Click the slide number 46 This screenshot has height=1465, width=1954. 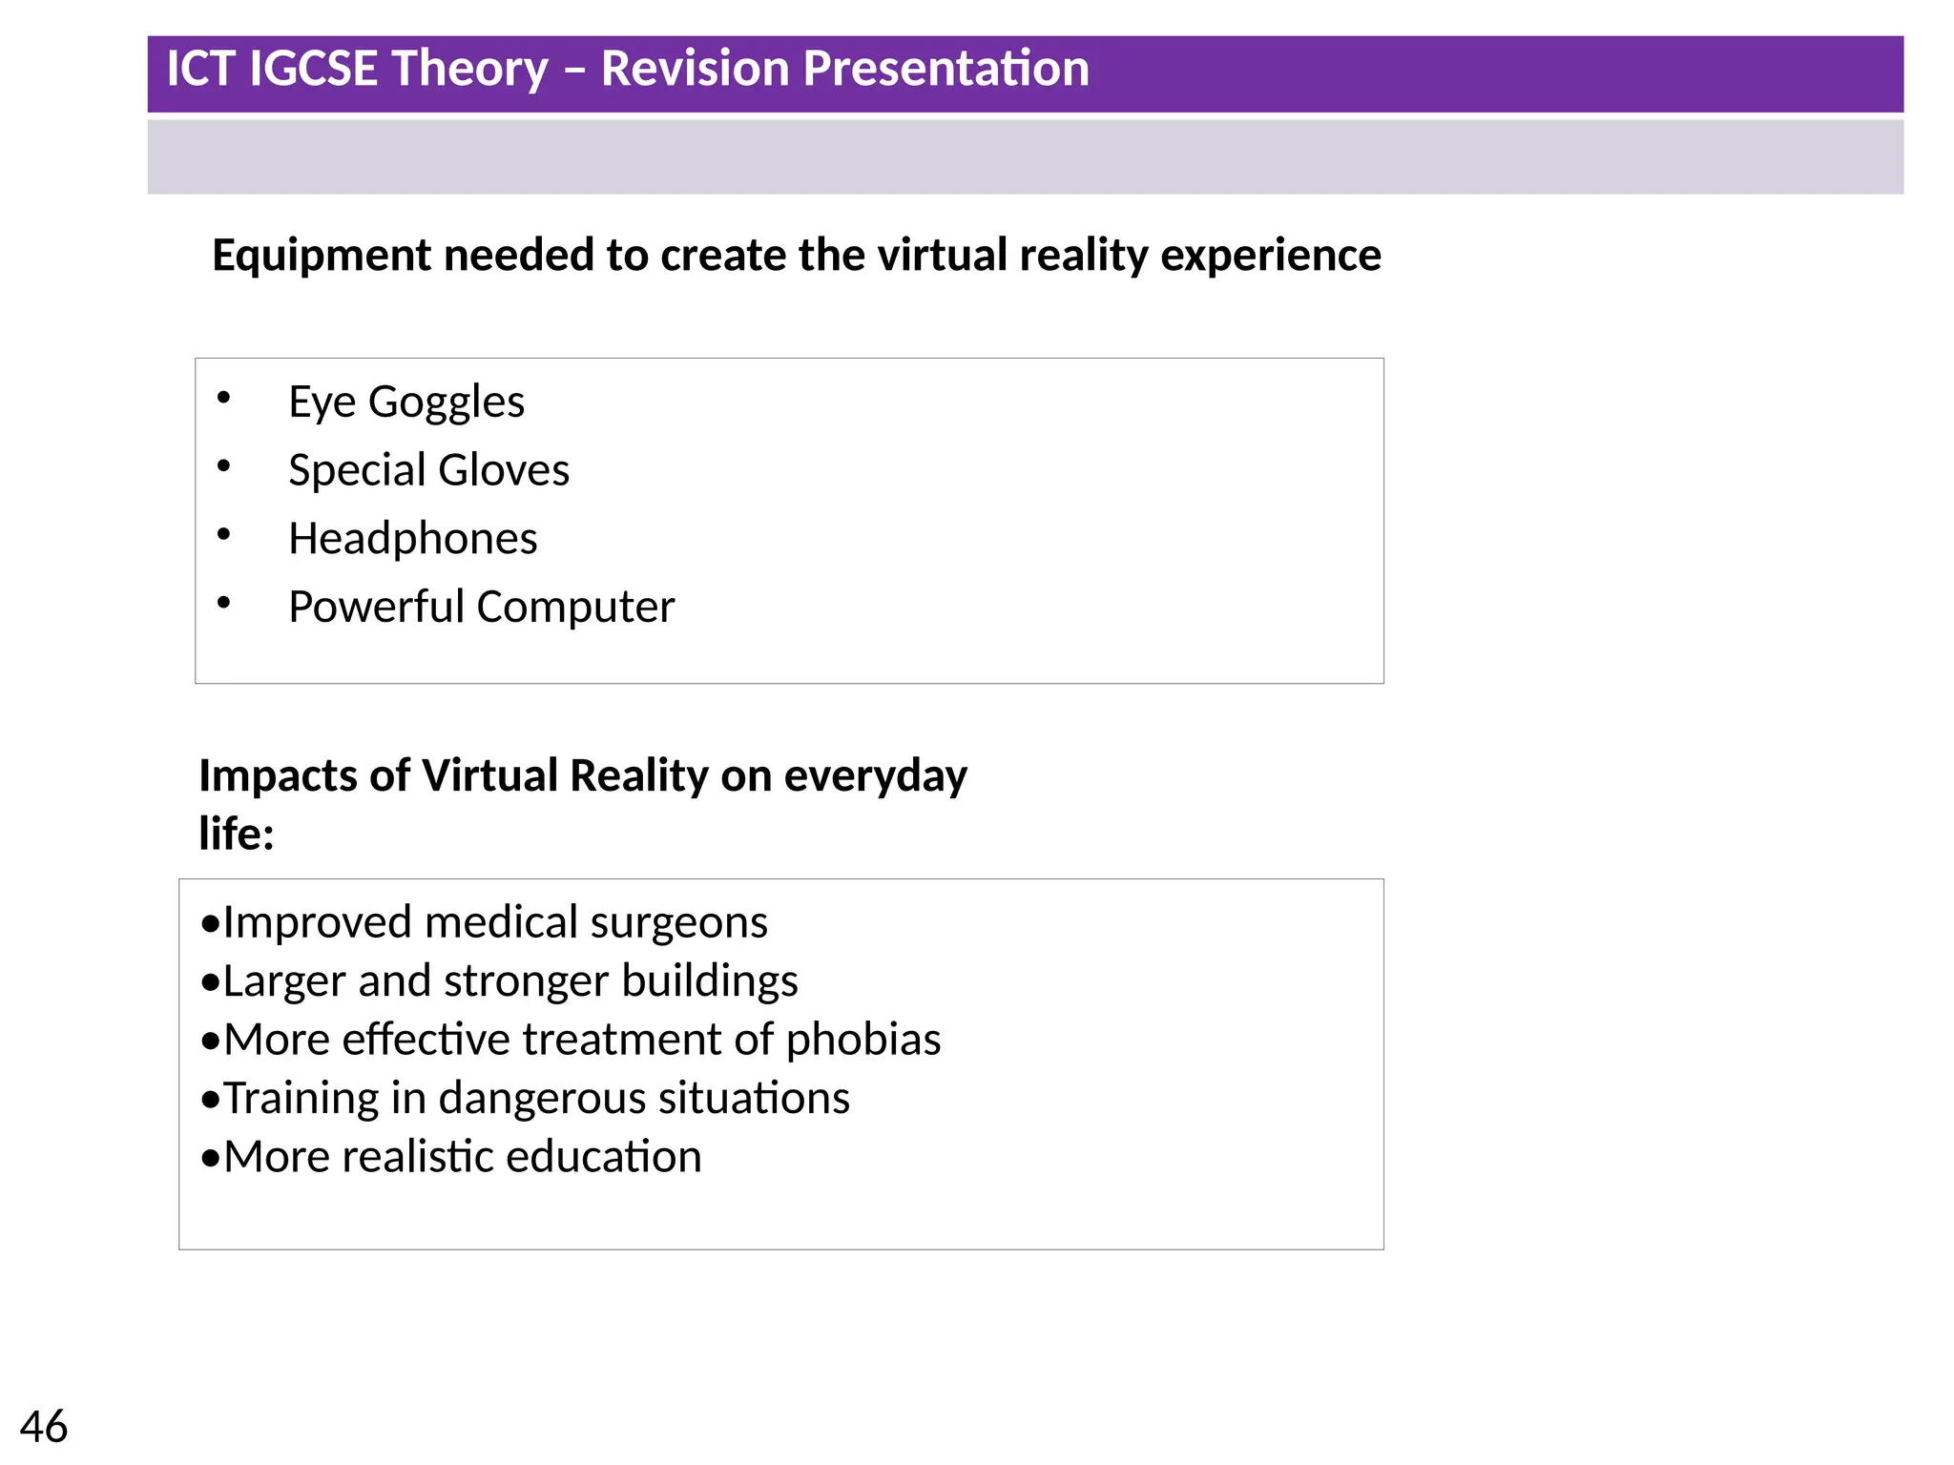[x=43, y=1427]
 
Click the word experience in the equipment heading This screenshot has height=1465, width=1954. [x=1270, y=256]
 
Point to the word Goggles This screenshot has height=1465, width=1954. [x=447, y=402]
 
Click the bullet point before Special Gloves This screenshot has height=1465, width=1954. [x=223, y=466]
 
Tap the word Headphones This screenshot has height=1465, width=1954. [x=412, y=539]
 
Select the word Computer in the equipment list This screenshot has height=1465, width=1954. [x=575, y=608]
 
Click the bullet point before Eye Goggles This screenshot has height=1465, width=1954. [x=223, y=398]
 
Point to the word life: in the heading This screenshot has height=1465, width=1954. [x=237, y=834]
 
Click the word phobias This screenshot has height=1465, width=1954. [x=863, y=1040]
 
